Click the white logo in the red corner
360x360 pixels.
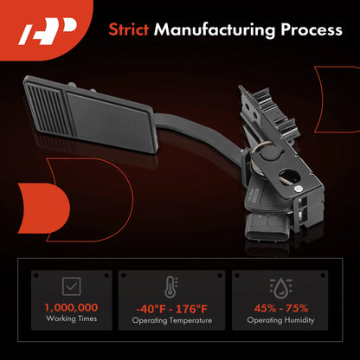(x=48, y=32)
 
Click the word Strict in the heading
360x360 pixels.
(x=129, y=29)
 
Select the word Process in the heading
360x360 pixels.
(x=312, y=29)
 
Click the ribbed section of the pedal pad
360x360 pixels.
(x=49, y=110)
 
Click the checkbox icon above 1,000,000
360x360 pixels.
(x=71, y=286)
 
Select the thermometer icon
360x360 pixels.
(x=171, y=286)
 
